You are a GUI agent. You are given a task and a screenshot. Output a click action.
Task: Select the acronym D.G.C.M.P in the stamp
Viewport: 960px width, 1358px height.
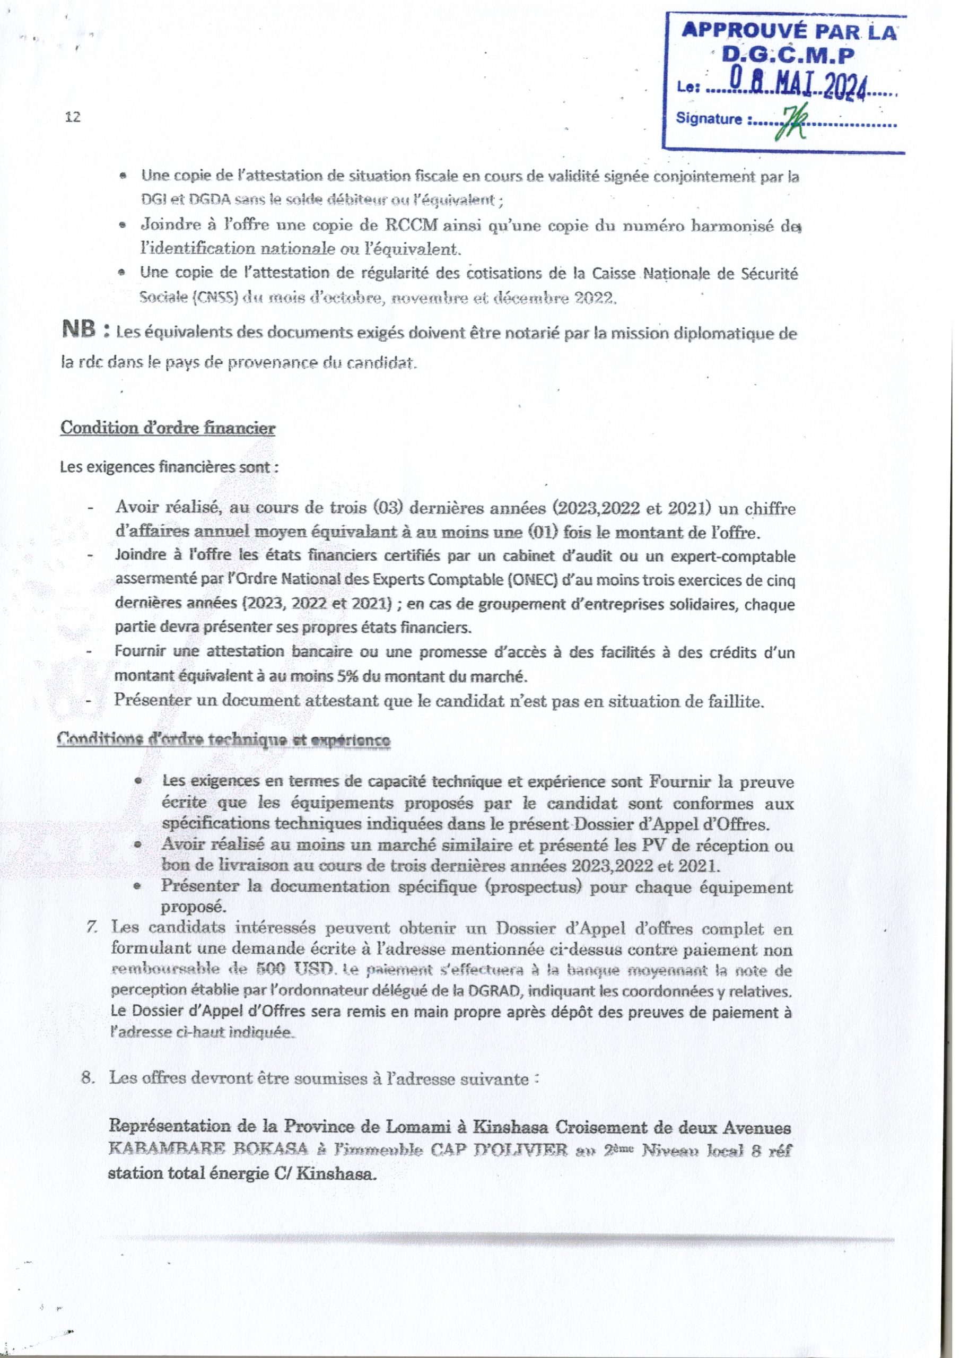point(790,56)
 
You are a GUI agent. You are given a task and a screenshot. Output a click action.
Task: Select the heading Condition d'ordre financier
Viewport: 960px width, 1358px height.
point(168,428)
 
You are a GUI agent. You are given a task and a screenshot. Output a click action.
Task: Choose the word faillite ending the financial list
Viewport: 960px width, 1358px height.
point(738,701)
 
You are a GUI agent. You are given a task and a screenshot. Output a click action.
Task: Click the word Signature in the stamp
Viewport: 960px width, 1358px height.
point(709,119)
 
